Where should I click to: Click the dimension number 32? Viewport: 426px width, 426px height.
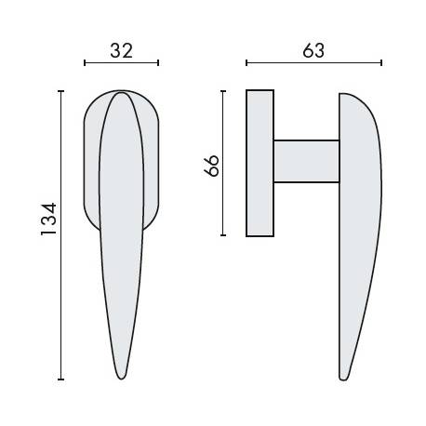point(121,50)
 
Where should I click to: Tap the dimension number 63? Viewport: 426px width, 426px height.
point(313,50)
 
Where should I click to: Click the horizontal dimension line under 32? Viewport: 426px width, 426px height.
point(121,63)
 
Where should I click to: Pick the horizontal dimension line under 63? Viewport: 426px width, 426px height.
point(314,63)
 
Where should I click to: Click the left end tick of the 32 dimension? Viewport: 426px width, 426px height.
point(85,63)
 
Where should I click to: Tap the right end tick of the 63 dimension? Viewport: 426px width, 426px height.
point(382,63)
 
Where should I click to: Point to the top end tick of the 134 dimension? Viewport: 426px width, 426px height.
point(61,91)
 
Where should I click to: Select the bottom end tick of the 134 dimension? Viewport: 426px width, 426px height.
point(61,379)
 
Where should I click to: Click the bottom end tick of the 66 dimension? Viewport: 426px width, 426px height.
point(223,234)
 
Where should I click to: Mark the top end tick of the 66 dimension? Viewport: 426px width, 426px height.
point(223,91)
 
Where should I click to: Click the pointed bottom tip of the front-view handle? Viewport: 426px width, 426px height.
point(121,377)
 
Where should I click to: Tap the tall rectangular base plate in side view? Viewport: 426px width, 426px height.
point(260,163)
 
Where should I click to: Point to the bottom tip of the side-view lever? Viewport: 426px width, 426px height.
point(346,377)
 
